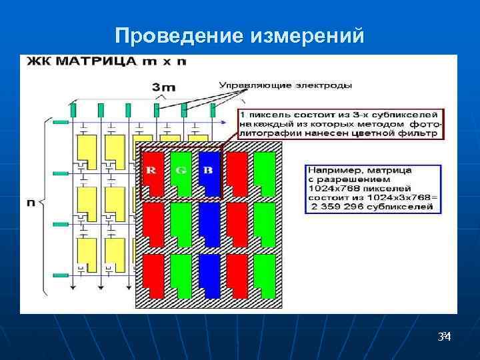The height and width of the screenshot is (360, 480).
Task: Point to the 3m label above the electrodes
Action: tap(164, 87)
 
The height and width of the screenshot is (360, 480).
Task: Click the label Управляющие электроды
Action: tap(286, 85)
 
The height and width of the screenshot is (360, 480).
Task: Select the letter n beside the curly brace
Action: tap(31, 203)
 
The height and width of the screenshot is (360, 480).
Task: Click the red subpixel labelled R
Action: tap(152, 172)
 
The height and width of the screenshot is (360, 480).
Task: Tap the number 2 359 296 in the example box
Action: tap(338, 207)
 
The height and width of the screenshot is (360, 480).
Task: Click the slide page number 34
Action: tap(444, 337)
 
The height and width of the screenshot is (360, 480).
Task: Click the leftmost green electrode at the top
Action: tap(73, 110)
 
